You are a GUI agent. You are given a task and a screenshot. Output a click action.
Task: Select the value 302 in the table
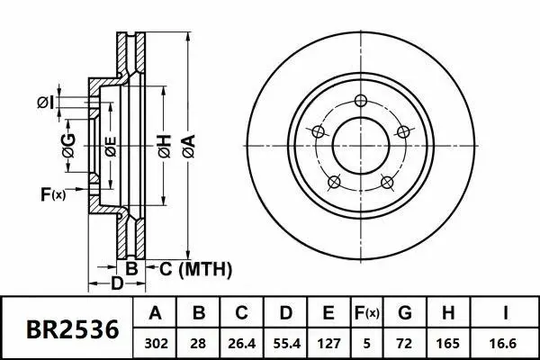coord(155,343)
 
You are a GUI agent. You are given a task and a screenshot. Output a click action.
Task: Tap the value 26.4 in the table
coord(242,343)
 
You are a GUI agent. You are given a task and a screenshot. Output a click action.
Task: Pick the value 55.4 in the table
coord(285,343)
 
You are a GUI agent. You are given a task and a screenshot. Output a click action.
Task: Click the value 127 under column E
coord(328,343)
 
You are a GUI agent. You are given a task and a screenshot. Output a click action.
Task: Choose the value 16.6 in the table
coord(507,343)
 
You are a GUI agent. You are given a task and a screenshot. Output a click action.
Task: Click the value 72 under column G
coord(405,343)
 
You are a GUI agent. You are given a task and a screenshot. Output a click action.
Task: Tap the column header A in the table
coord(155,314)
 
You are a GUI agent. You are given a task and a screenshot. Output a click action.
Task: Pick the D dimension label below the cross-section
coord(117,284)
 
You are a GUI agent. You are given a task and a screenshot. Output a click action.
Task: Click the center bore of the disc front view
coord(361,145)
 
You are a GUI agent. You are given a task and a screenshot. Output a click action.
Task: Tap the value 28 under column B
coord(199,343)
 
